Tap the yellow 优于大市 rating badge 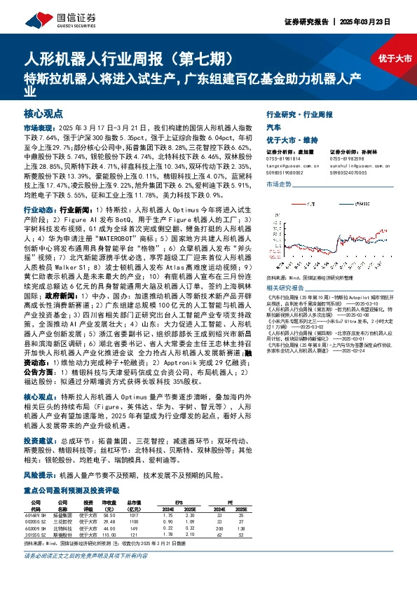395,59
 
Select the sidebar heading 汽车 274,127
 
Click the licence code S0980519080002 287,170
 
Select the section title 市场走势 279,184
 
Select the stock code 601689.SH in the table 35,514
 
